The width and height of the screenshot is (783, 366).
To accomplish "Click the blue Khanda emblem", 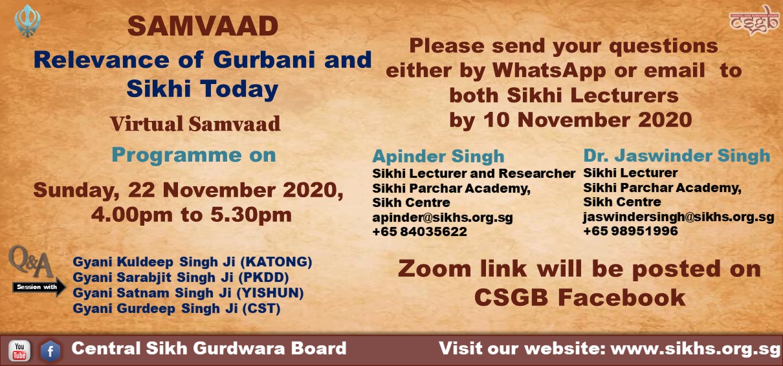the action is [x=28, y=21].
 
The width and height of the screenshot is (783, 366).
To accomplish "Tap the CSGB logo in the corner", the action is [x=754, y=20].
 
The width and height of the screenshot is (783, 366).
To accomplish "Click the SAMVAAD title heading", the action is [x=203, y=27].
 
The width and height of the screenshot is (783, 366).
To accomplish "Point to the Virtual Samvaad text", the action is [x=195, y=124].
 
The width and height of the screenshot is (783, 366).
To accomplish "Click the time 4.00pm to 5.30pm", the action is [x=191, y=215].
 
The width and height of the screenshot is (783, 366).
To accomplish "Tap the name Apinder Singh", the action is [x=438, y=156].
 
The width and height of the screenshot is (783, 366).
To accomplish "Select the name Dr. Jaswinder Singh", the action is [x=677, y=156].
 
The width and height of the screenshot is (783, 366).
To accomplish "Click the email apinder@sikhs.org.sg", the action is [x=443, y=217].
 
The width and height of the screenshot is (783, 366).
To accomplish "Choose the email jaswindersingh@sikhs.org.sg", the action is [x=678, y=217].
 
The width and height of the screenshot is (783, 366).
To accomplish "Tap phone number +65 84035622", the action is [x=419, y=231].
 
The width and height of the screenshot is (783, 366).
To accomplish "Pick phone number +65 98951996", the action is [x=630, y=231].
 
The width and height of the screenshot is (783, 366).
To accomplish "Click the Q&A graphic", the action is [x=31, y=261].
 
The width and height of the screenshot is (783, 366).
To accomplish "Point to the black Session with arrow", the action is [x=39, y=287].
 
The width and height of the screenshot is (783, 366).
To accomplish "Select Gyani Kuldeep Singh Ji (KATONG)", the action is [x=192, y=262].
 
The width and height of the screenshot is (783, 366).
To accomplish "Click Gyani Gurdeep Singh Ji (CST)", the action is [x=177, y=308].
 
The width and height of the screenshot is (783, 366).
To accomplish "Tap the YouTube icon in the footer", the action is [x=19, y=351].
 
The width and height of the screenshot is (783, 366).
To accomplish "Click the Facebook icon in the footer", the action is [x=50, y=351].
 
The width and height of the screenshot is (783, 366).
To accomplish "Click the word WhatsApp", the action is [x=549, y=70].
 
